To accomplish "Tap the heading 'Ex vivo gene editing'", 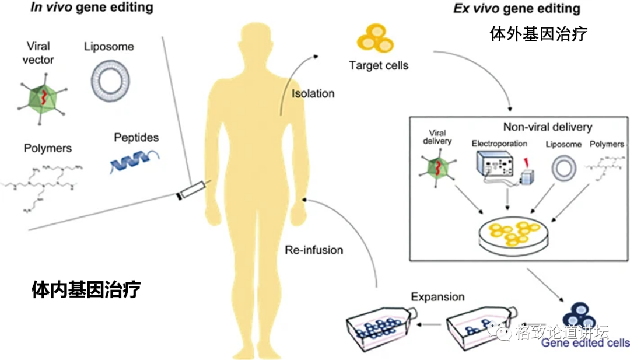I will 517,8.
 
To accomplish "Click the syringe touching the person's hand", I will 192,191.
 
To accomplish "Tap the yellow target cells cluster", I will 376,39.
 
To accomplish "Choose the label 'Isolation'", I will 313,93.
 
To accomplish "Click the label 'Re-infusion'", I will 314,250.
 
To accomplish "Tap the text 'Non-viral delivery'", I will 547,127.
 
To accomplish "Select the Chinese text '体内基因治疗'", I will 86,289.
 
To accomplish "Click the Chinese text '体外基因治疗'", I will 538,34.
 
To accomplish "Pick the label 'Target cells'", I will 379,65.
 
